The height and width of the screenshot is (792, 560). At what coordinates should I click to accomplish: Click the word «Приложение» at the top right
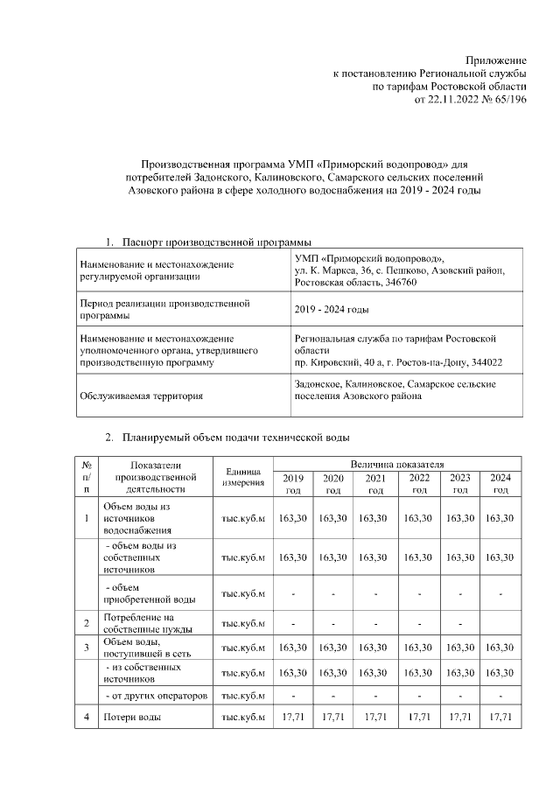tap(495, 59)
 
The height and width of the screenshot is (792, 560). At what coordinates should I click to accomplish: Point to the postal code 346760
tap(396, 284)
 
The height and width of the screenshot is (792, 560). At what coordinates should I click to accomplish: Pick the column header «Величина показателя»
tap(397, 462)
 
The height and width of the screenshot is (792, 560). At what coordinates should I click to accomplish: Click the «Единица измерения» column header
tap(242, 477)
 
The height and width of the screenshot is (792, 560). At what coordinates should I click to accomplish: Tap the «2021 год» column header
tap(375, 484)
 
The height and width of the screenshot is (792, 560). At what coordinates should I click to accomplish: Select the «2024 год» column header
tap(500, 484)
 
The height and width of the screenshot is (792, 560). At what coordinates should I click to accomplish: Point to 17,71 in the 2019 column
tap(290, 718)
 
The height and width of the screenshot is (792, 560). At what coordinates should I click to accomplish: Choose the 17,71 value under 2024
tap(500, 718)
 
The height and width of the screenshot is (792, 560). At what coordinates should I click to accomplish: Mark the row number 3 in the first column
tap(87, 648)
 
